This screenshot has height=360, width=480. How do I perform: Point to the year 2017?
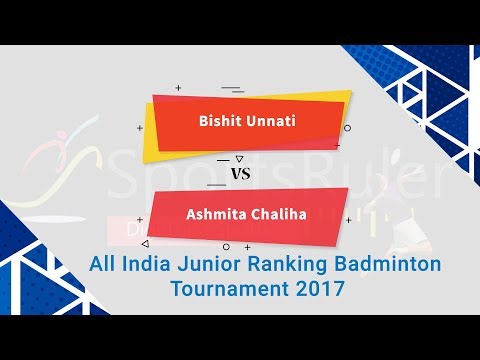tap(312, 290)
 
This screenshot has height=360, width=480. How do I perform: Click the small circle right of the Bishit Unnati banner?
tap(347, 128)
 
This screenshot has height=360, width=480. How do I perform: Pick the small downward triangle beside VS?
tap(237, 158)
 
